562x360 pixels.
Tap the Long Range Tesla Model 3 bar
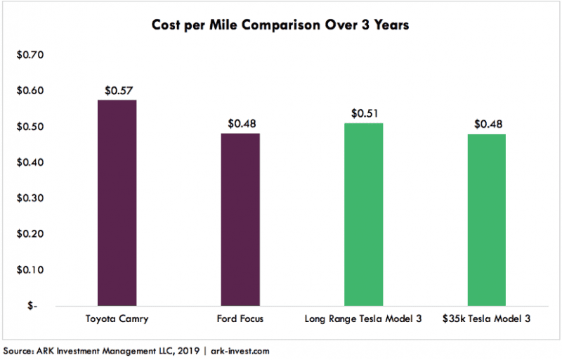[363, 214]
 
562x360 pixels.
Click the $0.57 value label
[117, 90]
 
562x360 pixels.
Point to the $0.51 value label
[363, 113]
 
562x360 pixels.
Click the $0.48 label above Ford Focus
[240, 124]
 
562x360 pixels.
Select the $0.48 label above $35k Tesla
[486, 124]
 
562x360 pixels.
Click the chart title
[280, 25]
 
